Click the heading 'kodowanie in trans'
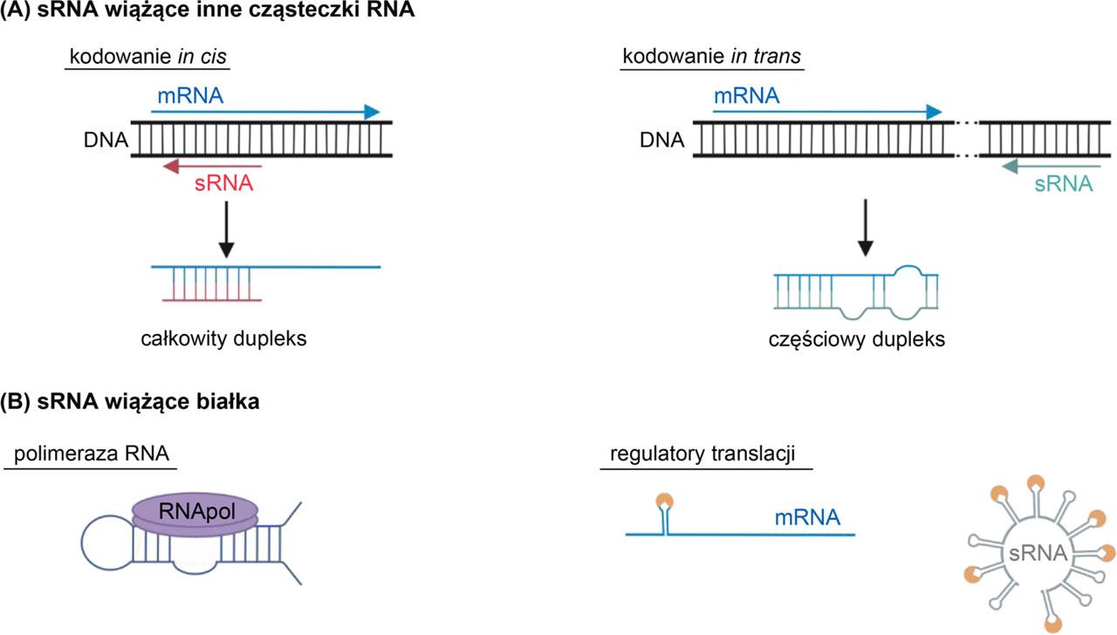pyautogui.click(x=710, y=57)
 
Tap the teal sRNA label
pyautogui.click(x=1063, y=184)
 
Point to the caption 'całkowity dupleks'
pyautogui.click(x=223, y=338)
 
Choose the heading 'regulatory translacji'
pyautogui.click(x=707, y=457)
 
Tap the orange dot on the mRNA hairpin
pyautogui.click(x=665, y=501)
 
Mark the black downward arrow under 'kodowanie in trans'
pyautogui.click(x=865, y=229)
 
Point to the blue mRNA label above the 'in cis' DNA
pyautogui.click(x=190, y=95)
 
